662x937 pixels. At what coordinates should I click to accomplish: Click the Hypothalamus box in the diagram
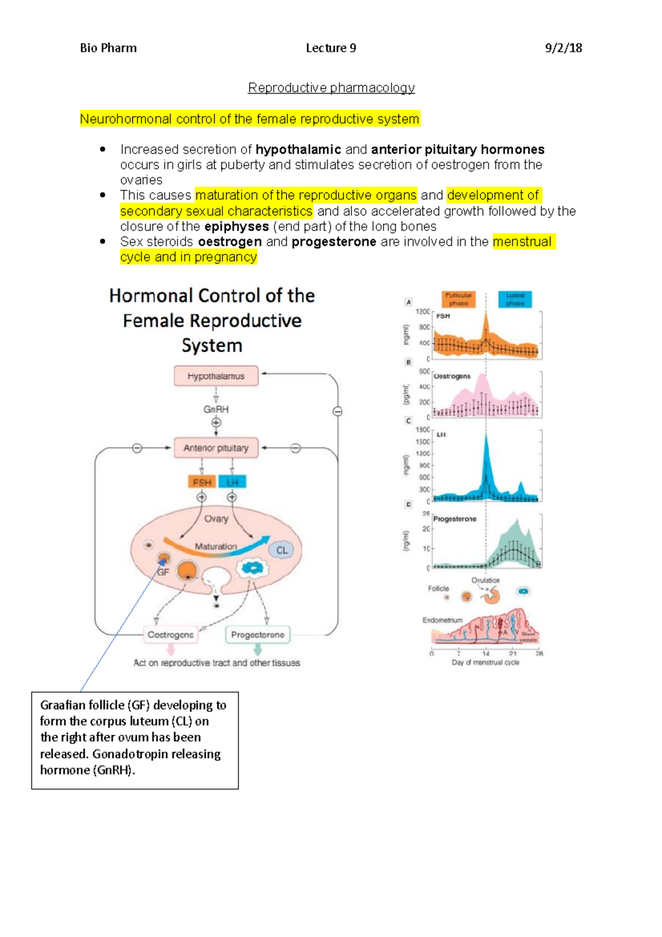tap(216, 376)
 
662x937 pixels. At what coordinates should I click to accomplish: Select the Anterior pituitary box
tap(216, 448)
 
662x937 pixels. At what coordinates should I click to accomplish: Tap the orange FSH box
tap(202, 482)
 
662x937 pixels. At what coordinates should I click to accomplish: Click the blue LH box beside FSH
tap(232, 482)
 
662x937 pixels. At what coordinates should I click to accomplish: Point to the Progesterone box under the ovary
tap(258, 635)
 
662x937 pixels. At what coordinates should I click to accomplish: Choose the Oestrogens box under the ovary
tap(170, 635)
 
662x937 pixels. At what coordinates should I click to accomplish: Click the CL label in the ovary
tap(282, 550)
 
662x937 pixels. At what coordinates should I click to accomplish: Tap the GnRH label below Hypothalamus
tap(216, 409)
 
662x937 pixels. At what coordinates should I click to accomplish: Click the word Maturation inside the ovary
tap(216, 546)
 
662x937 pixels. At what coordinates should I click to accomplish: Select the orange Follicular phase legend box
tap(458, 299)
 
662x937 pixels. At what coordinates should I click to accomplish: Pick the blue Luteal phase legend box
tap(515, 299)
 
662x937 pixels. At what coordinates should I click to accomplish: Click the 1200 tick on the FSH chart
tap(423, 312)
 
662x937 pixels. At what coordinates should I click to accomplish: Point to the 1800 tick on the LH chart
tap(423, 429)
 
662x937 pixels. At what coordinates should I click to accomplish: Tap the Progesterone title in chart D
tap(455, 519)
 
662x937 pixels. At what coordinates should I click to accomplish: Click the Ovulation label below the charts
tap(485, 580)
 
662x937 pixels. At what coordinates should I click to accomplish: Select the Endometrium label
tap(442, 620)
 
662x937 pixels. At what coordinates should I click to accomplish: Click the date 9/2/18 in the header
tap(563, 48)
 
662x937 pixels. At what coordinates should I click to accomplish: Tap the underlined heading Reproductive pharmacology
tap(331, 88)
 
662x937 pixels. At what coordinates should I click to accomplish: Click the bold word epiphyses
tap(236, 227)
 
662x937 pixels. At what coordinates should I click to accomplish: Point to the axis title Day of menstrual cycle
tap(485, 662)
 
